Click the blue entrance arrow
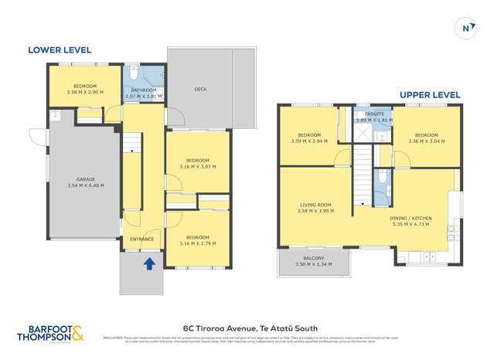point(149,264)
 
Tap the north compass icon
point(465,29)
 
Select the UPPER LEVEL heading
point(430,95)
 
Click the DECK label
point(200,89)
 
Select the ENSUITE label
point(370,114)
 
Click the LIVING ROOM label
point(315,205)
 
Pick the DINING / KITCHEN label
point(411,219)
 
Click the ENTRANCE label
point(142,239)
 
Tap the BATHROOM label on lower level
point(144,90)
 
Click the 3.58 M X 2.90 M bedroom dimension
point(84,92)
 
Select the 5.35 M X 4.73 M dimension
point(411,226)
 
